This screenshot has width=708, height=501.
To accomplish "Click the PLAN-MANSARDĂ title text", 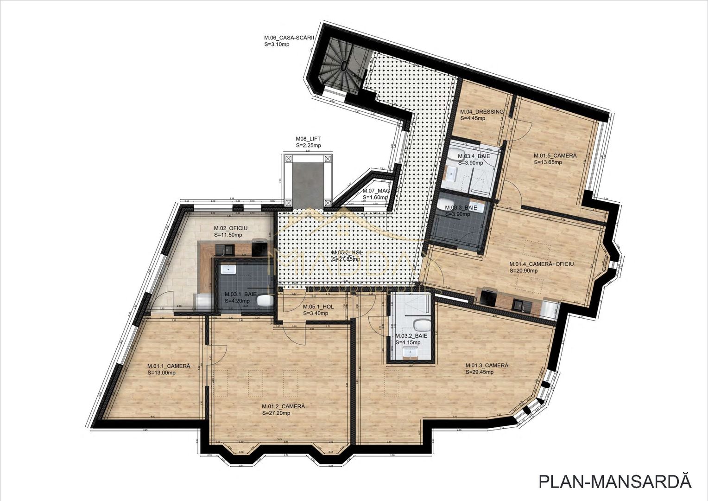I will click(x=615, y=482).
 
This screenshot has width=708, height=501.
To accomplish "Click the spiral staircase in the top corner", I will click(x=343, y=65).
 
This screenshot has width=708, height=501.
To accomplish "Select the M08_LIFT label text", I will click(x=308, y=139).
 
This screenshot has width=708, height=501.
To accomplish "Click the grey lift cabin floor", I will click(x=308, y=181).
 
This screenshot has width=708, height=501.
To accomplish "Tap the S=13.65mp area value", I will click(x=548, y=162).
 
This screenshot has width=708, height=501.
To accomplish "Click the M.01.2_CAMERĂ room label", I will click(x=283, y=406).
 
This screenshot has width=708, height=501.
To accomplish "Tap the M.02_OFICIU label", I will click(x=230, y=228).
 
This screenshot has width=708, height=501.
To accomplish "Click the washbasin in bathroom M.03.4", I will click(x=451, y=174).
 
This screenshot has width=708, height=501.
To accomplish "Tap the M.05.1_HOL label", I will click(x=318, y=307).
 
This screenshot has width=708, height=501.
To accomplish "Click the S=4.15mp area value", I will click(x=407, y=342).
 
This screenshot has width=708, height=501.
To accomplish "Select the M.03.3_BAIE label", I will click(x=461, y=208).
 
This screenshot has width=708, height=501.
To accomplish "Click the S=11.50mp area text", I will click(x=228, y=235).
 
